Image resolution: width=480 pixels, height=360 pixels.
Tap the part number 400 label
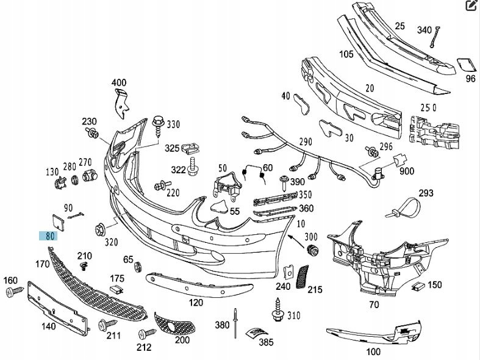119,82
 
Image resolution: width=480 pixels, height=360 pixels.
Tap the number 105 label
346,54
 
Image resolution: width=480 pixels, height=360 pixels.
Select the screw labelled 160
13,293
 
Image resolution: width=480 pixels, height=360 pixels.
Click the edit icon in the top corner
471,7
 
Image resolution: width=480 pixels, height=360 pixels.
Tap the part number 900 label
407,171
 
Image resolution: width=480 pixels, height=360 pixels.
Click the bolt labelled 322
193,166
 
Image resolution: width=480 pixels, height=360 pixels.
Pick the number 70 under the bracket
374,304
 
